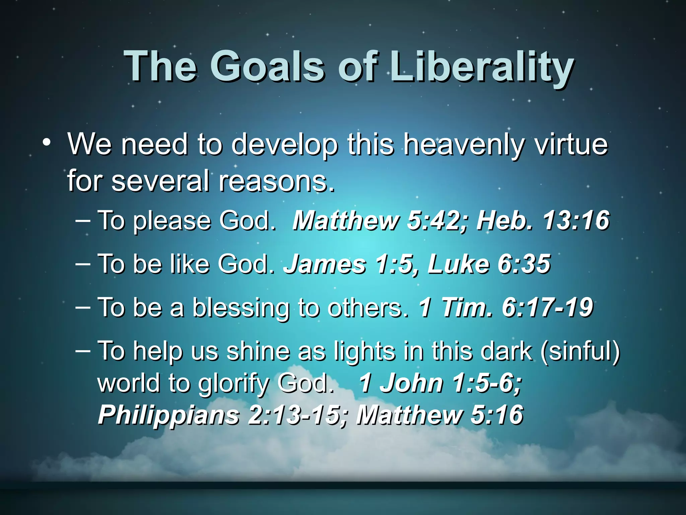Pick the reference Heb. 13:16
click(543, 221)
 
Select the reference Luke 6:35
click(489, 264)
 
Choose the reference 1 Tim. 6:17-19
click(505, 307)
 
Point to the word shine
click(258, 351)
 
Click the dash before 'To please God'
click(83, 221)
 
